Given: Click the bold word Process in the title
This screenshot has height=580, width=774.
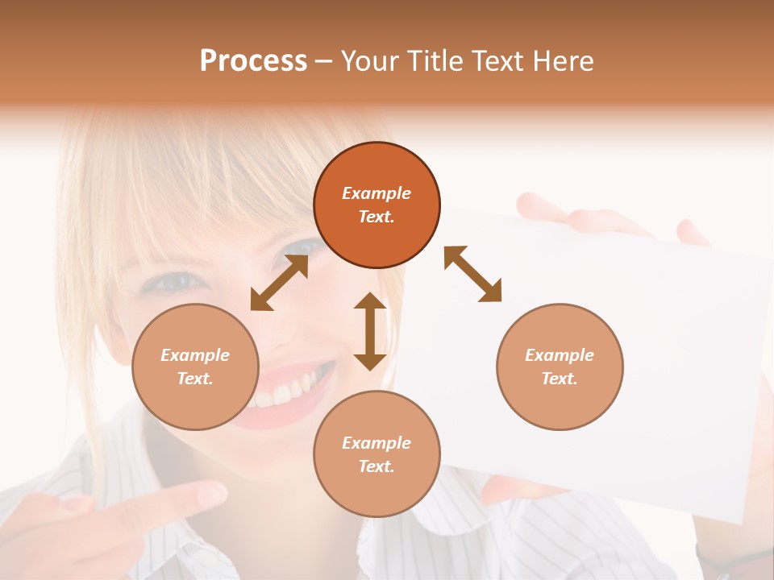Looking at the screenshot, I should [x=253, y=61].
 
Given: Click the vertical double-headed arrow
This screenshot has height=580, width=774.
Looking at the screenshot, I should [x=370, y=331].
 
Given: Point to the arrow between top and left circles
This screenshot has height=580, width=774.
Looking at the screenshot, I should [x=280, y=283].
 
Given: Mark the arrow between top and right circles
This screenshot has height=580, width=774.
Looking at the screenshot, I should [x=472, y=274].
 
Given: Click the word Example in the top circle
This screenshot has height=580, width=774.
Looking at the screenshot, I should [x=377, y=193].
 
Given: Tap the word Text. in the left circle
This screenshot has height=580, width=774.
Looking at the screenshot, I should [x=195, y=379].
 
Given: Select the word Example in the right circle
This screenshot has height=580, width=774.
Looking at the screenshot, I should [x=560, y=355].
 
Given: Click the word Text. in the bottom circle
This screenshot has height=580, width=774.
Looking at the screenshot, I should [x=377, y=466].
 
